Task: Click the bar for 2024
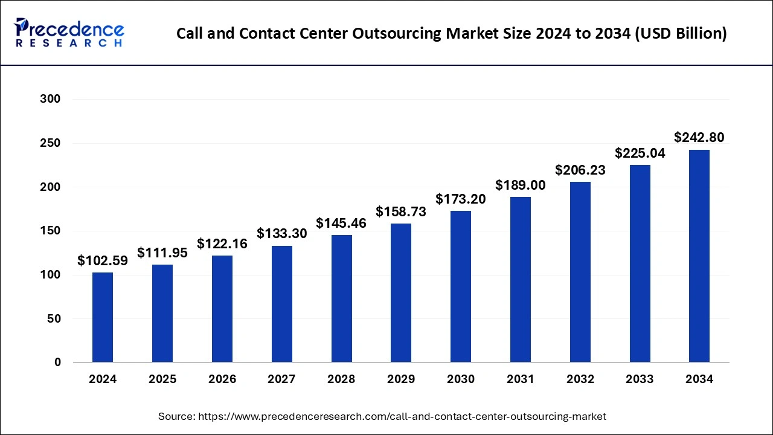(103, 317)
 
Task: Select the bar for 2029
(401, 293)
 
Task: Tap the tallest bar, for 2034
(699, 256)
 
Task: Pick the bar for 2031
(521, 280)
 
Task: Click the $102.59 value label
(103, 261)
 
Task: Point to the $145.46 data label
(341, 223)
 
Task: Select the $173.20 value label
(461, 199)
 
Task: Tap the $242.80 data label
(699, 138)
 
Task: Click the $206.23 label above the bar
(580, 170)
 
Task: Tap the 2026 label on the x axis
(222, 379)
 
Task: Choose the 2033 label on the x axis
(640, 379)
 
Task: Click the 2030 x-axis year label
(461, 379)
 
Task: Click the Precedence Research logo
(69, 33)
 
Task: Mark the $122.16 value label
(222, 243)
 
